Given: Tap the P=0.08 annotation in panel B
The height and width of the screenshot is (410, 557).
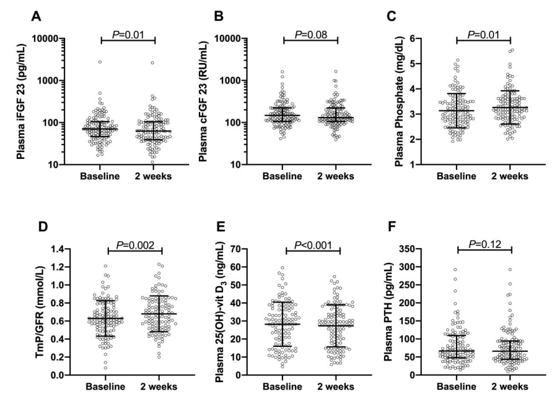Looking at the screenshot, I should tap(310, 27).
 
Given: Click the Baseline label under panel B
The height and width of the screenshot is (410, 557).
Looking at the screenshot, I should tap(283, 176).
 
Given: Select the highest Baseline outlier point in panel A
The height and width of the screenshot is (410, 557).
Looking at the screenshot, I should tap(100, 62).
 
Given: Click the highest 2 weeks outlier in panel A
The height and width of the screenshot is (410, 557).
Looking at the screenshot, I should tap(152, 62).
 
